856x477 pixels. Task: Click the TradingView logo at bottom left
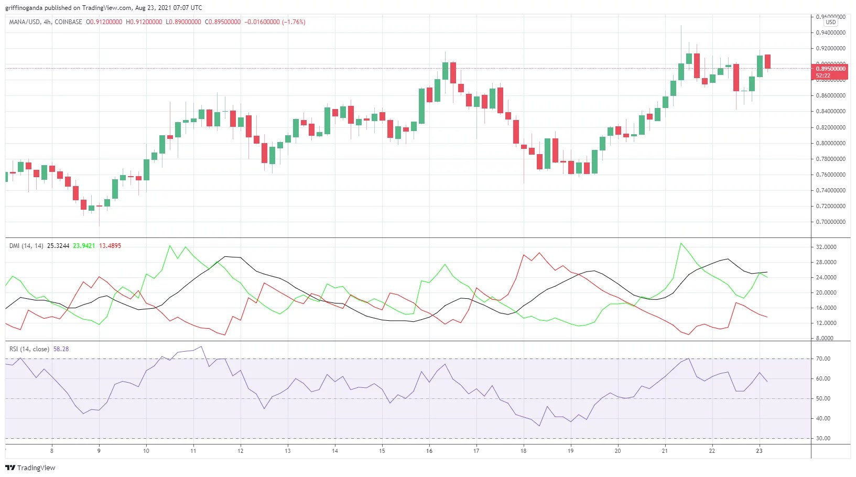(x=30, y=468)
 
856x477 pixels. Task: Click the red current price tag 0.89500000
(x=830, y=69)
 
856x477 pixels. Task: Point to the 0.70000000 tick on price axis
(x=830, y=222)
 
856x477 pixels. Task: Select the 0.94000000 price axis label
(x=830, y=32)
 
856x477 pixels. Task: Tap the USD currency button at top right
(x=830, y=22)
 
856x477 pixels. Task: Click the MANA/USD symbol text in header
(x=25, y=22)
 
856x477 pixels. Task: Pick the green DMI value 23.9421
(x=84, y=246)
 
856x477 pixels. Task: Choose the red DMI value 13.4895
(x=110, y=246)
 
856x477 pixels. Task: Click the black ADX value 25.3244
(x=58, y=246)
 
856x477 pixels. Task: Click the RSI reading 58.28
(x=61, y=349)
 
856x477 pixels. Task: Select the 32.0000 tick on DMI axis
(x=826, y=247)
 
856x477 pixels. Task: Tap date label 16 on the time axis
(x=429, y=451)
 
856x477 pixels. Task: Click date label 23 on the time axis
(x=759, y=451)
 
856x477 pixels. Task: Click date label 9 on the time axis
(x=99, y=451)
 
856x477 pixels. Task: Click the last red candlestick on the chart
(x=767, y=61)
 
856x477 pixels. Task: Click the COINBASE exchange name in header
(x=69, y=22)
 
